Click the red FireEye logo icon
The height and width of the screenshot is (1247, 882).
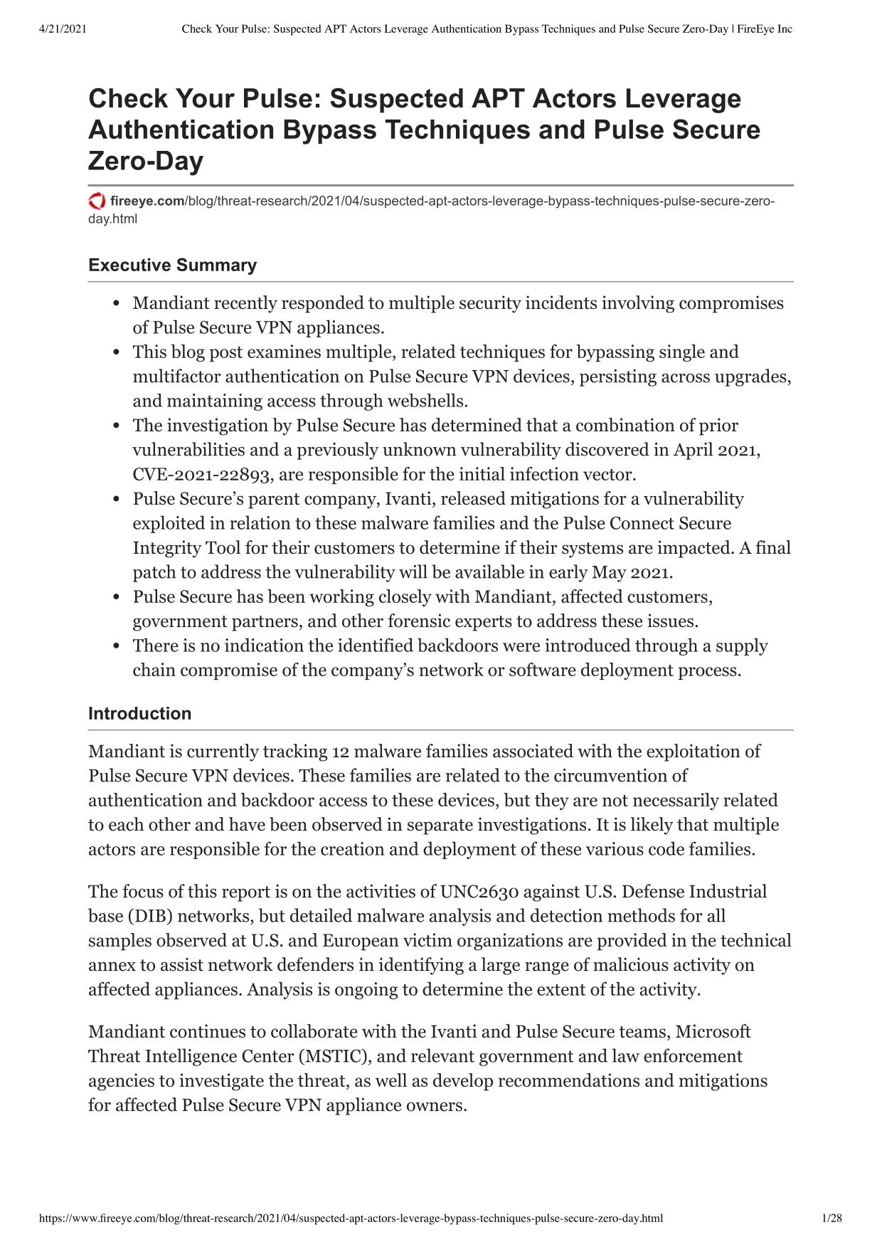[97, 201]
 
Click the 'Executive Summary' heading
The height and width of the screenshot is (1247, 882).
[172, 265]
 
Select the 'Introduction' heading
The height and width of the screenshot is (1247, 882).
[139, 714]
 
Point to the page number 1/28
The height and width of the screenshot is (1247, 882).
[831, 1219]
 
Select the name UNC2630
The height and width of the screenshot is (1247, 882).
[480, 892]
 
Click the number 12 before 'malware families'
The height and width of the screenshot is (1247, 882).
[340, 752]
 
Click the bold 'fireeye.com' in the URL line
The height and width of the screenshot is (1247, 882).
[147, 201]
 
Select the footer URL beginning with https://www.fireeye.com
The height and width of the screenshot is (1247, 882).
[351, 1219]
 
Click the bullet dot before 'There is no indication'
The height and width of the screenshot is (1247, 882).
[117, 646]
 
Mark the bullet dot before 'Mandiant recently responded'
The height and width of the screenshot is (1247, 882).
[117, 304]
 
